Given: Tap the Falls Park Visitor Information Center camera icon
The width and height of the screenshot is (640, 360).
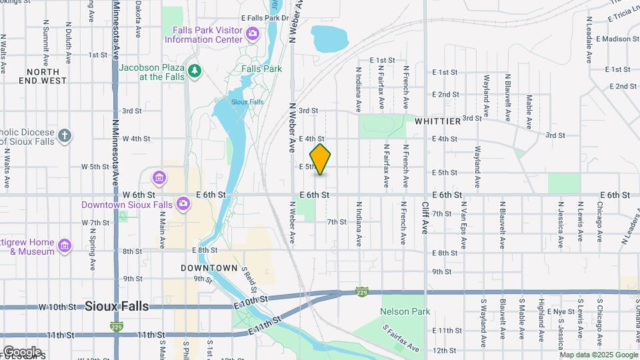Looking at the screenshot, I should (252, 33).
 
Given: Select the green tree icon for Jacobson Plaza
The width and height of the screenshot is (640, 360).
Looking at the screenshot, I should (194, 71).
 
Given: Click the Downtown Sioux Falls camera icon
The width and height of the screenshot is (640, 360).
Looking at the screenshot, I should (183, 204).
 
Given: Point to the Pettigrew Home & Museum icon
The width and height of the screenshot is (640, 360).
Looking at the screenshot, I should (65, 247).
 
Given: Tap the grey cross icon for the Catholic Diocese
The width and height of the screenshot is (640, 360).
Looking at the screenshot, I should (64, 135).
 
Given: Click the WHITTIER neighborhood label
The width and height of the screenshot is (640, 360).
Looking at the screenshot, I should (437, 121).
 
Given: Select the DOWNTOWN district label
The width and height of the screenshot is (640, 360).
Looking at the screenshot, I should (209, 267).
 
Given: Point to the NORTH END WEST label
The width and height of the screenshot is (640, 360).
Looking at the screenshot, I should (47, 75).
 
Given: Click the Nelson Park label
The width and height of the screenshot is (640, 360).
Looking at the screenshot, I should (405, 311).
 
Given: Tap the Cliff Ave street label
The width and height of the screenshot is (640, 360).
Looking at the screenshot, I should (425, 218).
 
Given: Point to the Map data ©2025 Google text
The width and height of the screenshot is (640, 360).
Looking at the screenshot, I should (597, 355).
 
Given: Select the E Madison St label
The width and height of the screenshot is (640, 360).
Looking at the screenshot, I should (617, 39).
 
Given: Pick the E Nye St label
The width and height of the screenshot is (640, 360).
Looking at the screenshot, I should (560, 311).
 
